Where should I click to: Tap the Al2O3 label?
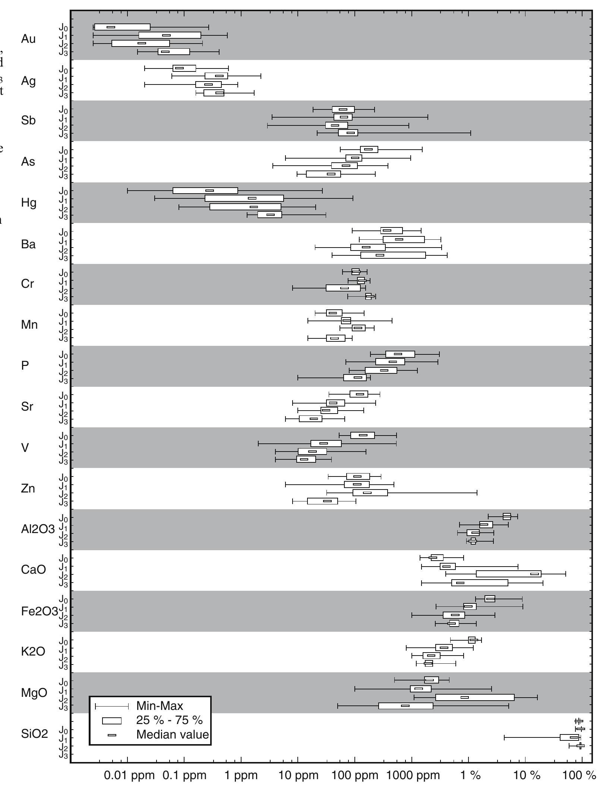(x=38, y=529)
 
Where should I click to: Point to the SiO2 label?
(x=35, y=734)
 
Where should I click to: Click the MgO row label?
(x=34, y=693)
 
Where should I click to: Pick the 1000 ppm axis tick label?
(x=413, y=775)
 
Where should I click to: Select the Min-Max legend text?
(x=160, y=705)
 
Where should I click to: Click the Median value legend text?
(x=173, y=734)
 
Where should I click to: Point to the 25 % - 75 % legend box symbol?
(x=112, y=721)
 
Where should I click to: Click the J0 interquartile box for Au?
(x=122, y=27)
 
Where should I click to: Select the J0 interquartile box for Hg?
(x=205, y=191)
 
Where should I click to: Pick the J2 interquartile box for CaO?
(x=508, y=574)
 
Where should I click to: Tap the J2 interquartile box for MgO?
(x=474, y=697)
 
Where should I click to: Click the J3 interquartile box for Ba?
(x=393, y=255)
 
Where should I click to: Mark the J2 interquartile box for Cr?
(x=343, y=288)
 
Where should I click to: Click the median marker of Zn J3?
(x=327, y=501)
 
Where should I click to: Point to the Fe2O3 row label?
(x=40, y=611)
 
